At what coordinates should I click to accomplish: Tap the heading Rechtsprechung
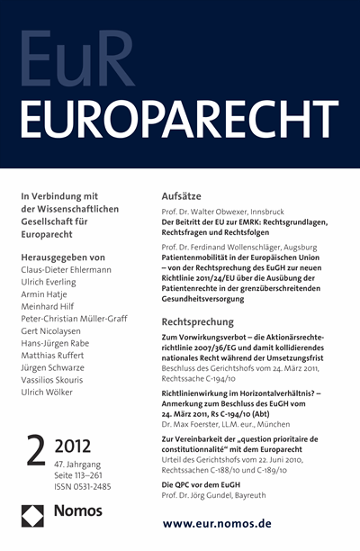point(207,321)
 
